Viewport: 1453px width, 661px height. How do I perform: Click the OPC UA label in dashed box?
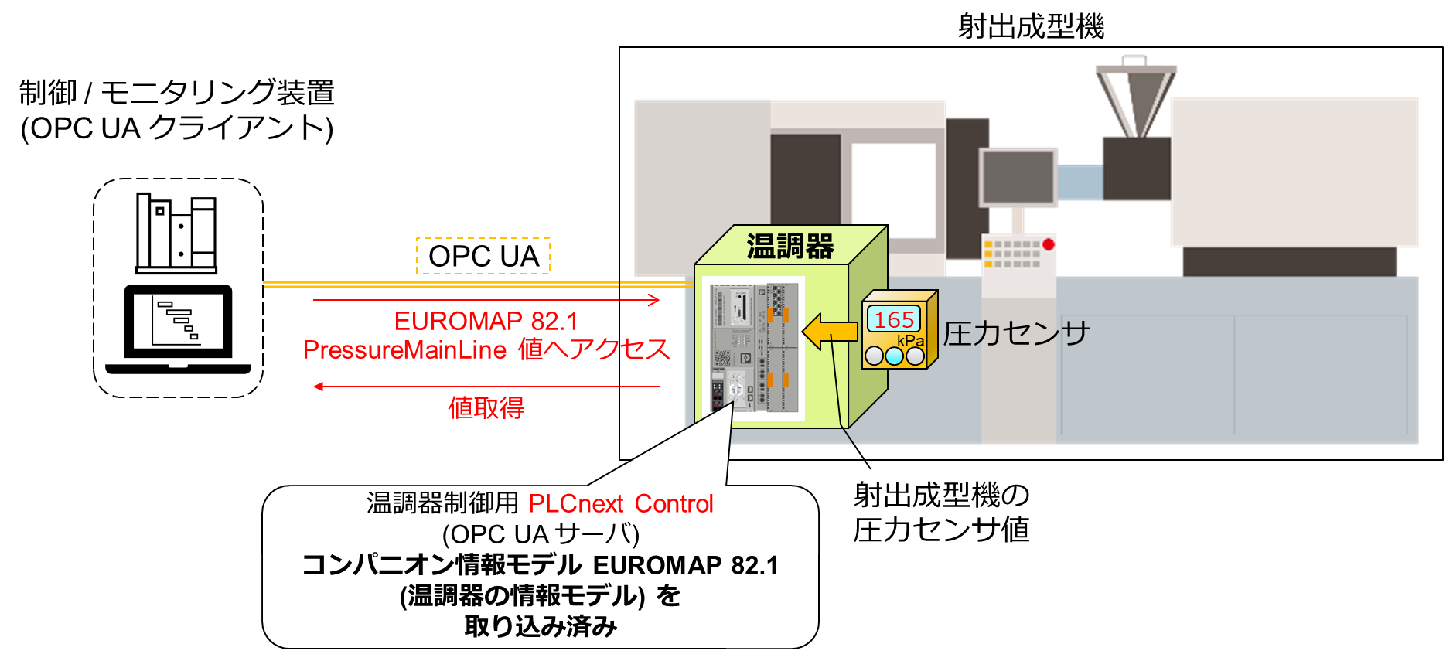click(483, 256)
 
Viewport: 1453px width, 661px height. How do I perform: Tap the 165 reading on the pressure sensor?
click(894, 319)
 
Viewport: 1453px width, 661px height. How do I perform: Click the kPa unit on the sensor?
click(910, 341)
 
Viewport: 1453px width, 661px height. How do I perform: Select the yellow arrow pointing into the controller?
click(830, 332)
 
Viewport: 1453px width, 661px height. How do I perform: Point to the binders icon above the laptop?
click(176, 233)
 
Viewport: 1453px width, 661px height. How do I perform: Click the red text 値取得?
click(486, 407)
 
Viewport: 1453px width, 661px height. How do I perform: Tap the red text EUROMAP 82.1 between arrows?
click(486, 321)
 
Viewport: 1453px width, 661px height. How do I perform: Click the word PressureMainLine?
click(404, 349)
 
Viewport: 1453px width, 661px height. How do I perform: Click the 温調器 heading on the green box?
click(790, 247)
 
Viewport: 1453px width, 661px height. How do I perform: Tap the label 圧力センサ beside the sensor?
click(1016, 333)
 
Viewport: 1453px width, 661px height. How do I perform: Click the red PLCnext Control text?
click(620, 503)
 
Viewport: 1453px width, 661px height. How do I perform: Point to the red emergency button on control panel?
click(1048, 244)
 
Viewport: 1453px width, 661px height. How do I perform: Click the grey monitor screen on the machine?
click(1018, 177)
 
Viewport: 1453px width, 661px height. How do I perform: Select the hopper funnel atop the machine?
click(1135, 101)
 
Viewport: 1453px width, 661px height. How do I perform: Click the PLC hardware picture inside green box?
click(754, 347)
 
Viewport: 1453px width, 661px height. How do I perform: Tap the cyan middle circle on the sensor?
click(894, 356)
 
